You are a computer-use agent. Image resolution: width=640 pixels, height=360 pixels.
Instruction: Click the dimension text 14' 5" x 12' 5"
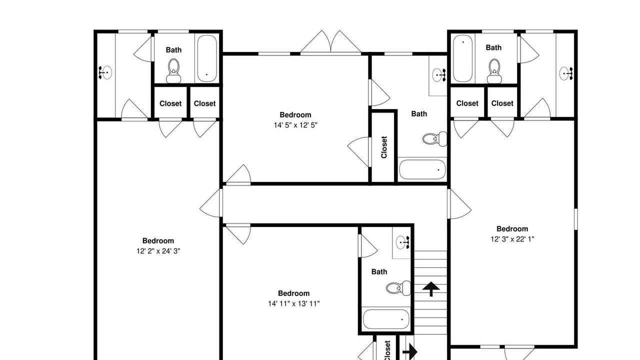click(295, 125)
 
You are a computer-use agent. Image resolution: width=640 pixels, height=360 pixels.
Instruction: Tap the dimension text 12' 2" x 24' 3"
click(158, 251)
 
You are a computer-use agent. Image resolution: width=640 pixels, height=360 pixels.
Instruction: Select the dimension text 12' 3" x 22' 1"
click(512, 239)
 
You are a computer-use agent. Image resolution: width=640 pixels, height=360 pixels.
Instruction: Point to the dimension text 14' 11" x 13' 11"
click(293, 303)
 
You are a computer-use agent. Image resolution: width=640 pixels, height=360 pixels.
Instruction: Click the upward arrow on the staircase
click(431, 289)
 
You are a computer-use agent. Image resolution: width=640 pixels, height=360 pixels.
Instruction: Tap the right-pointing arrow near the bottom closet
click(410, 351)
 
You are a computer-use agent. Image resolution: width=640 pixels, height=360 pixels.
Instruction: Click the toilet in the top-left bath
click(173, 71)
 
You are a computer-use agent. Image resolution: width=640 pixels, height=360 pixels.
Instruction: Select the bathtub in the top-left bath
click(207, 58)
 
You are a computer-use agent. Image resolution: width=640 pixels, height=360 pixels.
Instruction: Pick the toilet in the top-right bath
click(494, 71)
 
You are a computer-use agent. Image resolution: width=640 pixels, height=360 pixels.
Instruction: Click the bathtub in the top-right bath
click(463, 58)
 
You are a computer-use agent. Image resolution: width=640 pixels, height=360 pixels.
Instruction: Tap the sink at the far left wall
click(105, 72)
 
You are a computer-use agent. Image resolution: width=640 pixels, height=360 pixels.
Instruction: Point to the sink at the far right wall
click(566, 73)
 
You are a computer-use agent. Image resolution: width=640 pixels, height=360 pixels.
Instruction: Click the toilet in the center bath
click(434, 139)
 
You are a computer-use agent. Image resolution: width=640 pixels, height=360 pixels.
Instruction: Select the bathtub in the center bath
click(422, 169)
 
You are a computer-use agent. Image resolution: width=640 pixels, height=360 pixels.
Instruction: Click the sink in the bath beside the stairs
click(403, 243)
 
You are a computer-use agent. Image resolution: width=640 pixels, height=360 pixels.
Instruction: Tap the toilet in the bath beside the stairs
click(398, 288)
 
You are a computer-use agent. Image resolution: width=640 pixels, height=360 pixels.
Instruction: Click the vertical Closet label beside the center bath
click(384, 147)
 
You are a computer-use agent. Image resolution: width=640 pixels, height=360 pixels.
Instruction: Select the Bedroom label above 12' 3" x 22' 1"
click(512, 229)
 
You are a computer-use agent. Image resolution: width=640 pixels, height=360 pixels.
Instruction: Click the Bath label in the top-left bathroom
click(173, 50)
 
